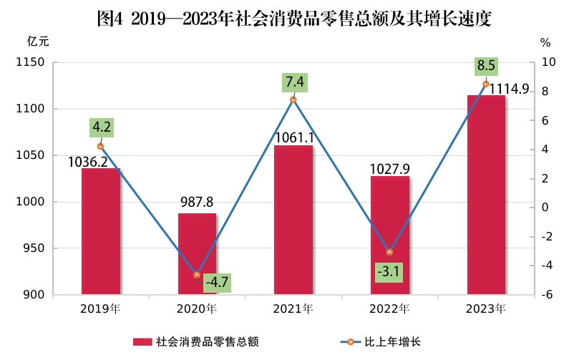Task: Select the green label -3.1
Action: pos(389,272)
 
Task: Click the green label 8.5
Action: pos(486,66)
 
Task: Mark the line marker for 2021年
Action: pos(293,99)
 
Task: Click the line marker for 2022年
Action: pos(389,252)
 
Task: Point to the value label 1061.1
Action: pos(293,137)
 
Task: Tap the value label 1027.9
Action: pos(389,168)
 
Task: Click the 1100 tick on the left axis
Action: pos(32,109)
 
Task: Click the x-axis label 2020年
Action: pos(197,309)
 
